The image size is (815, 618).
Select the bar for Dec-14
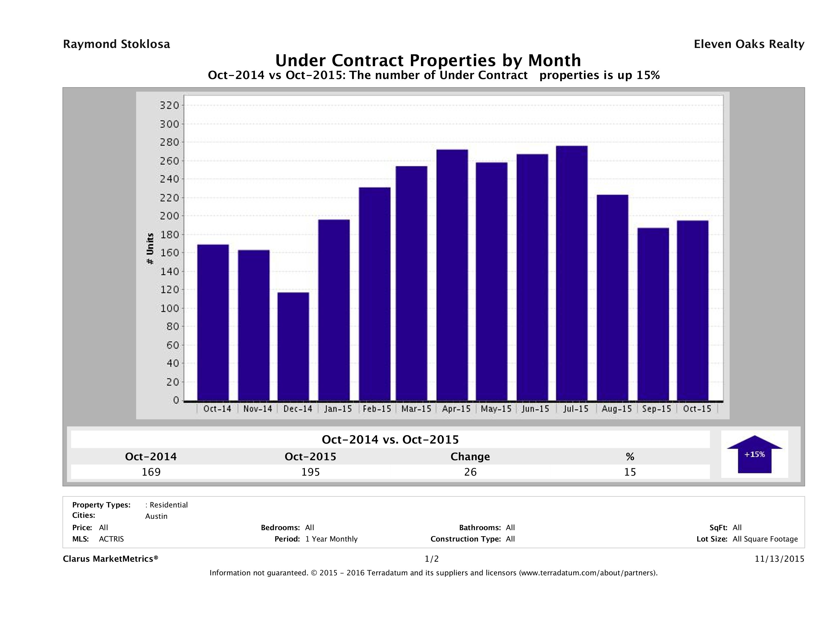293,346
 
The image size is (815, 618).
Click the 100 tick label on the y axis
169,308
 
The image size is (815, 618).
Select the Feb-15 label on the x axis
377,409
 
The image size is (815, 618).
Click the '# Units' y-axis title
150,249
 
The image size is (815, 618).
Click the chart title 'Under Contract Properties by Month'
428,60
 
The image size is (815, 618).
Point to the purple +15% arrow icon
754,454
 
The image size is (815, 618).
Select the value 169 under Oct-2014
151,472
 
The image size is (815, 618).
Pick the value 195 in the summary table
311,472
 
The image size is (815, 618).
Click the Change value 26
471,472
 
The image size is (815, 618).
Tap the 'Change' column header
470,457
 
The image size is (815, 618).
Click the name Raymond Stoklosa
116,44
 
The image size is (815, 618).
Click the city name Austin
156,516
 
